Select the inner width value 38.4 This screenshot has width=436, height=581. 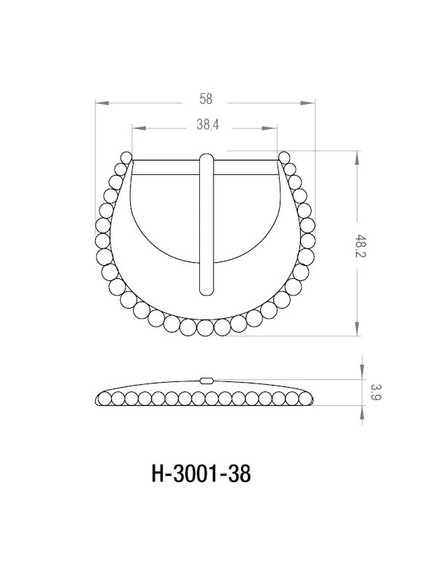pos(207,125)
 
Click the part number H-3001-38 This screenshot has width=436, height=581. pos(201,474)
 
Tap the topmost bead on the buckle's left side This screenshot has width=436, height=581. pos(126,158)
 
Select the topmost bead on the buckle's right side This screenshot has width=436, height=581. pos(283,158)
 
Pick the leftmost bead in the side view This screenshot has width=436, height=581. pos(102,398)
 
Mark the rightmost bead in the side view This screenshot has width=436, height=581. pos(310,398)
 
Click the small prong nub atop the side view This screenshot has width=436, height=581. pos(207,379)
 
